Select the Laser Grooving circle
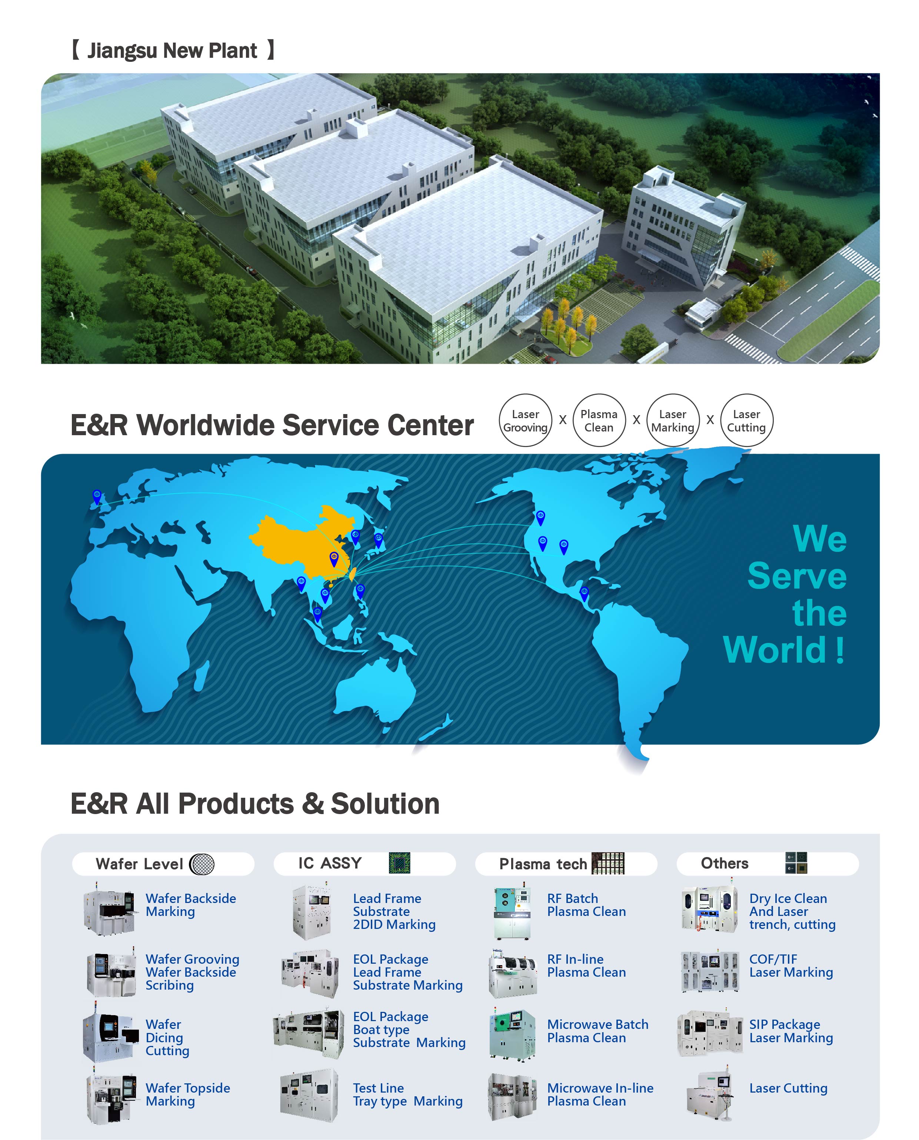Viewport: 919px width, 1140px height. [x=525, y=420]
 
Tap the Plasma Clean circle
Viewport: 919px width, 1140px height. [x=599, y=420]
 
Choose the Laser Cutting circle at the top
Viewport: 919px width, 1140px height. [x=746, y=420]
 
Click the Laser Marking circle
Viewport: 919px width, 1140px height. [x=672, y=420]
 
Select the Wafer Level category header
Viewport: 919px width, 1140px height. [x=163, y=864]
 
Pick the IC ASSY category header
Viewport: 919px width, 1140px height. [x=364, y=863]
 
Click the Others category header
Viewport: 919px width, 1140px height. [x=767, y=863]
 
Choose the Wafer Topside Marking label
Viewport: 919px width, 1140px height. [x=188, y=1094]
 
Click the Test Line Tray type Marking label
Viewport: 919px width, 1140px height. [x=407, y=1094]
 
